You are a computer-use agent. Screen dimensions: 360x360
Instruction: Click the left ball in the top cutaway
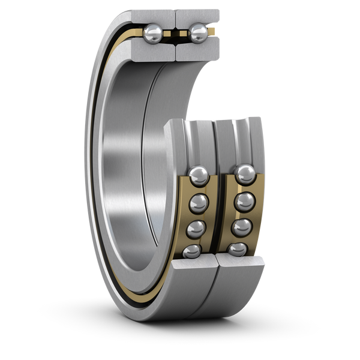coord(153,33)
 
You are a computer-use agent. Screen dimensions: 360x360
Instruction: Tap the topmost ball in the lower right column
coord(244,175)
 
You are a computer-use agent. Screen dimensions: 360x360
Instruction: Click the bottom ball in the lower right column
coord(238,249)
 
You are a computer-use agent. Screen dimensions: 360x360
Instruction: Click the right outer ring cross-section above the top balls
coord(195,14)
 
